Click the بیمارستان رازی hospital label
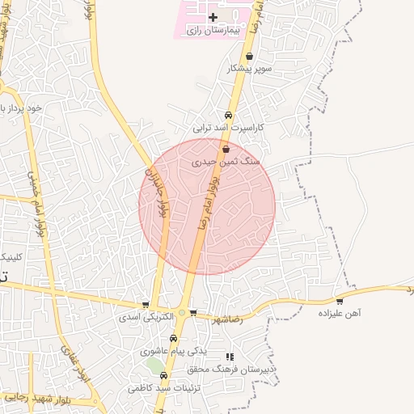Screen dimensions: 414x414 point(214,30)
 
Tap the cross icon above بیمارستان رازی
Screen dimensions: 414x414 point(213,17)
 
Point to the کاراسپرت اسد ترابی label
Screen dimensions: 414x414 point(229,127)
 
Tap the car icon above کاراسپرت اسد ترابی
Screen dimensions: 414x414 point(229,115)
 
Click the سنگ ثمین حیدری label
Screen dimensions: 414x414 point(226,162)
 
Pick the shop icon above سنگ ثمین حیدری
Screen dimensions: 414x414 point(226,150)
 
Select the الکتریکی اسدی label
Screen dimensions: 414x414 point(146,317)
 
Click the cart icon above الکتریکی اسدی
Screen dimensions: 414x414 point(146,305)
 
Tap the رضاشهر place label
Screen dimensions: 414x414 point(227,319)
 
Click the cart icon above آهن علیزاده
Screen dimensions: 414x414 point(340,302)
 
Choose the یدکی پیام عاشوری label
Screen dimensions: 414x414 point(173,351)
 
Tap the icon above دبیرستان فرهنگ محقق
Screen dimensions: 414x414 point(230,356)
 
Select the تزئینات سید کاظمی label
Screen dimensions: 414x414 point(163,388)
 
